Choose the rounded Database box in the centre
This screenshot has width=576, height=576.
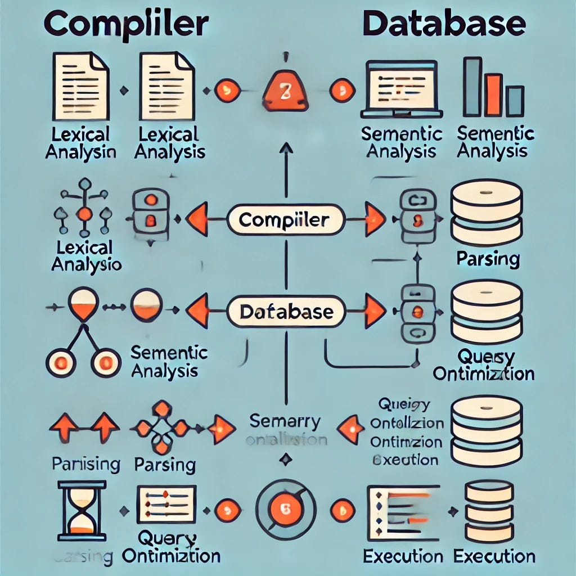[x=285, y=311]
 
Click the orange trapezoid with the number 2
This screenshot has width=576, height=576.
[x=285, y=92]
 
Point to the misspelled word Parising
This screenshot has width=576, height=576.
[x=85, y=465]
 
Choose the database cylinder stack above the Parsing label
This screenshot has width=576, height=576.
[x=487, y=211]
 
